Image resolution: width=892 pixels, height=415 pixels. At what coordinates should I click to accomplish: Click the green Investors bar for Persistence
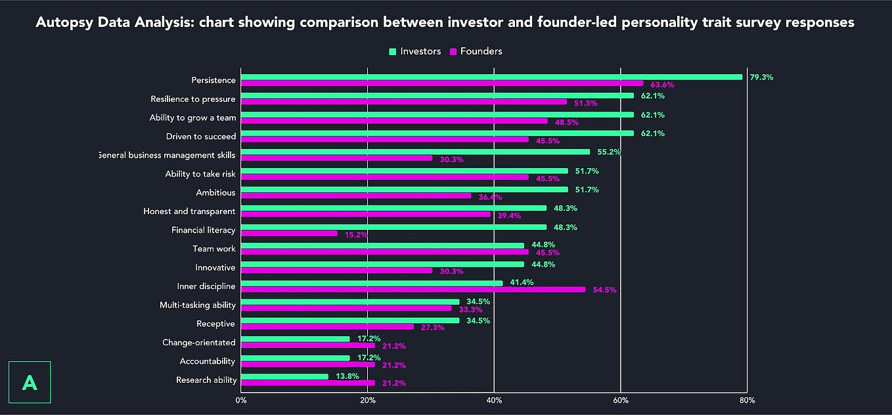[x=491, y=77]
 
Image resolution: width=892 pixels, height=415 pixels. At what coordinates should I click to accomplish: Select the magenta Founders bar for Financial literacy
[x=289, y=233]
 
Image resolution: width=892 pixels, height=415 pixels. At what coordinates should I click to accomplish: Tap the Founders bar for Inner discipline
[x=413, y=290]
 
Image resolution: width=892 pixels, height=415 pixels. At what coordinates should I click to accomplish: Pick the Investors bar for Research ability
[x=284, y=377]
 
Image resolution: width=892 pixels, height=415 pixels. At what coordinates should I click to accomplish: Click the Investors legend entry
[x=414, y=51]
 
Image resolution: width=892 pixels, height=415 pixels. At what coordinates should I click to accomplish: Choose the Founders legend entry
[x=476, y=51]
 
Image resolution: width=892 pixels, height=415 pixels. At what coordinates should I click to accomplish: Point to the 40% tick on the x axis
[x=494, y=400]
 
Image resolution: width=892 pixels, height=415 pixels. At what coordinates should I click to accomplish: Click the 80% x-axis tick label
[x=747, y=400]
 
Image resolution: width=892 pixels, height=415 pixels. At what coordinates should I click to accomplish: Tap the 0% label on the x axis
[x=241, y=400]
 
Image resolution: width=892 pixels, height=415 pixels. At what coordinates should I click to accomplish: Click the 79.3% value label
[x=761, y=77]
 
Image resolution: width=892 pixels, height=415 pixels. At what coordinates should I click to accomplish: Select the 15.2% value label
[x=357, y=234]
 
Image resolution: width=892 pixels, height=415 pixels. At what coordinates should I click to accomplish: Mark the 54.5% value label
[x=604, y=290]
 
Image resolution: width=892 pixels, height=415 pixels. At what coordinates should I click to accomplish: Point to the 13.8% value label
[x=347, y=377]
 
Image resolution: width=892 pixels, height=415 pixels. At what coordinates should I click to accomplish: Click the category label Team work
[x=214, y=249]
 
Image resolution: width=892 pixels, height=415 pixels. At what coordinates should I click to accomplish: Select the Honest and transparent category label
[x=189, y=211]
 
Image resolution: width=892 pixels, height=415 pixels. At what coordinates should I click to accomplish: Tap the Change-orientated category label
[x=199, y=342]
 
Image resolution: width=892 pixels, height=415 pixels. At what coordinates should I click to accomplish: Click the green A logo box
[x=30, y=382]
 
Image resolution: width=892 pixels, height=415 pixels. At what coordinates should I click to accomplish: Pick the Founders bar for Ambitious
[x=355, y=196]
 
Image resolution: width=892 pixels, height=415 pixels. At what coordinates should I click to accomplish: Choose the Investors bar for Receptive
[x=350, y=320]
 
